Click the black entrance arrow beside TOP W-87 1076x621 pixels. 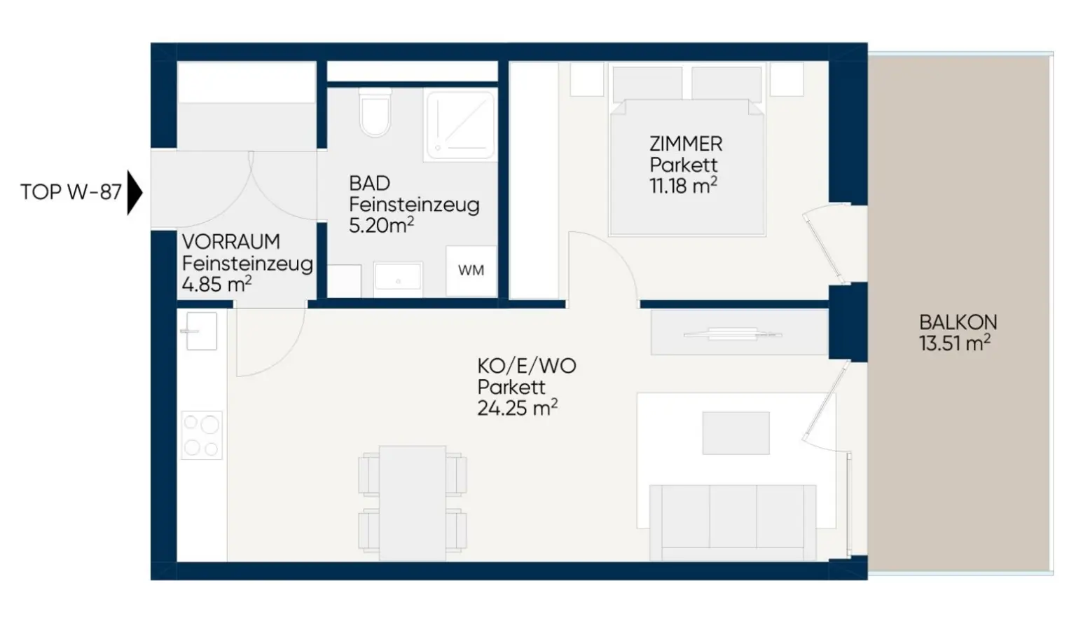coord(134,192)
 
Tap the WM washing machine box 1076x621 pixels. coord(471,271)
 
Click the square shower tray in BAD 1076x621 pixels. coord(460,125)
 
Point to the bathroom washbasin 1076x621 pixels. coord(398,279)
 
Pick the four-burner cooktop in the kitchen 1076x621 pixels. coord(202,435)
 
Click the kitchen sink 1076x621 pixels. coord(201,331)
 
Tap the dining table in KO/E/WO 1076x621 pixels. coord(412,503)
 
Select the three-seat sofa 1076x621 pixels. coord(733,522)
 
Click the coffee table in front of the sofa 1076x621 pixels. coord(736,432)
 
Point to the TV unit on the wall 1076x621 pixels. coord(740,333)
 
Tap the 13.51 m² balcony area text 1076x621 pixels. coord(955,343)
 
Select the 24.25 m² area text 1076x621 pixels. coord(518,408)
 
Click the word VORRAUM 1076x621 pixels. coord(231,242)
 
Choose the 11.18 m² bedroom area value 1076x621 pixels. coord(684,186)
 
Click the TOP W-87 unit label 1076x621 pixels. coord(71,192)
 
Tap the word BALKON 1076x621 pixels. coord(958,322)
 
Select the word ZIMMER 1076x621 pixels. coord(686,144)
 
